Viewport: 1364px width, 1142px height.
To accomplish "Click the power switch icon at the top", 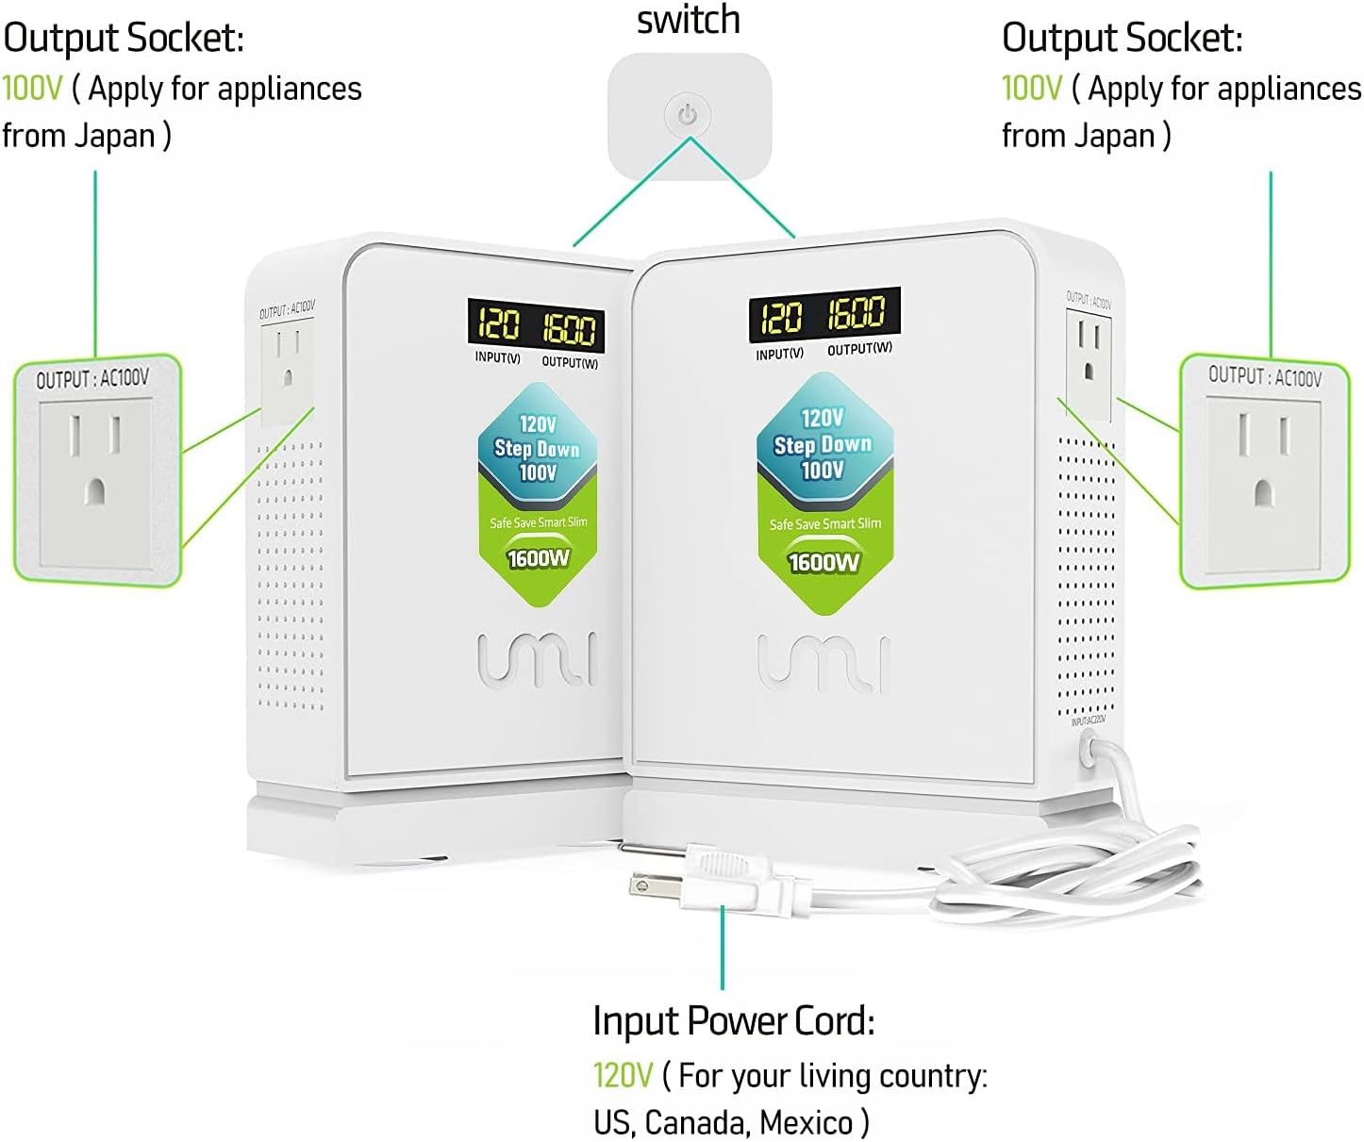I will (x=688, y=115).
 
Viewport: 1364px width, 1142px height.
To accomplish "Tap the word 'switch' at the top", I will (x=688, y=21).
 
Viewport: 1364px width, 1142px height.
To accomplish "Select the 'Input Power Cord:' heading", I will (x=733, y=1021).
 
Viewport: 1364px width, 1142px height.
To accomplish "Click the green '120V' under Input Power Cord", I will (x=623, y=1075).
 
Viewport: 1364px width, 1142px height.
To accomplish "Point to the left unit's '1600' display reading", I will (x=569, y=328).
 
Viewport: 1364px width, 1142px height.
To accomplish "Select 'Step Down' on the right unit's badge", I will (x=823, y=444).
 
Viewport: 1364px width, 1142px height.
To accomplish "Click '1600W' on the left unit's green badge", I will (x=539, y=558).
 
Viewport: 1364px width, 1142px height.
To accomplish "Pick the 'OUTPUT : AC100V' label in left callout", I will (x=92, y=379).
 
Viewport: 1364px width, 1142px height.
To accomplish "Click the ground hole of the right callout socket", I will (x=1264, y=491).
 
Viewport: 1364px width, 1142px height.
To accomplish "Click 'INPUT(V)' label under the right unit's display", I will (x=779, y=355).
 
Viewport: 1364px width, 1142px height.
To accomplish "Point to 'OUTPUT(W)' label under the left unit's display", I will (x=570, y=362).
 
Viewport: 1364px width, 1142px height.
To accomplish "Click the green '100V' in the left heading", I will (x=31, y=89).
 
